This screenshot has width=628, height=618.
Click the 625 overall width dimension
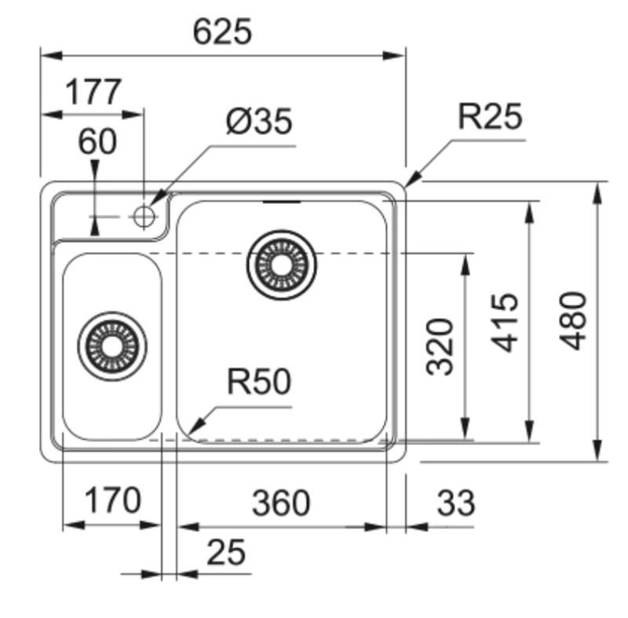click(223, 31)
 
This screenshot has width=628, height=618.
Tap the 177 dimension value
click(93, 93)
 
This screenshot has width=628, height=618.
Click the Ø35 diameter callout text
click(258, 122)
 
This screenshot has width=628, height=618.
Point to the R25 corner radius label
click(490, 117)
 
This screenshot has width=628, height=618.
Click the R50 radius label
click(258, 382)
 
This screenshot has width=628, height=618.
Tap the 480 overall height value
click(575, 320)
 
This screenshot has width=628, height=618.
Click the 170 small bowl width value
click(112, 499)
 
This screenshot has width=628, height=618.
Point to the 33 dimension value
click(455, 503)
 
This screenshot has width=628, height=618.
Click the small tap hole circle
click(144, 215)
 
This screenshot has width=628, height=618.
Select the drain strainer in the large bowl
click(282, 265)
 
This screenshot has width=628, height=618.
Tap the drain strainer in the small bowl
click(113, 346)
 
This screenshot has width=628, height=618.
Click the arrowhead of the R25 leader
click(411, 180)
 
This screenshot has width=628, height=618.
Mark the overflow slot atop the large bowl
click(282, 202)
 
